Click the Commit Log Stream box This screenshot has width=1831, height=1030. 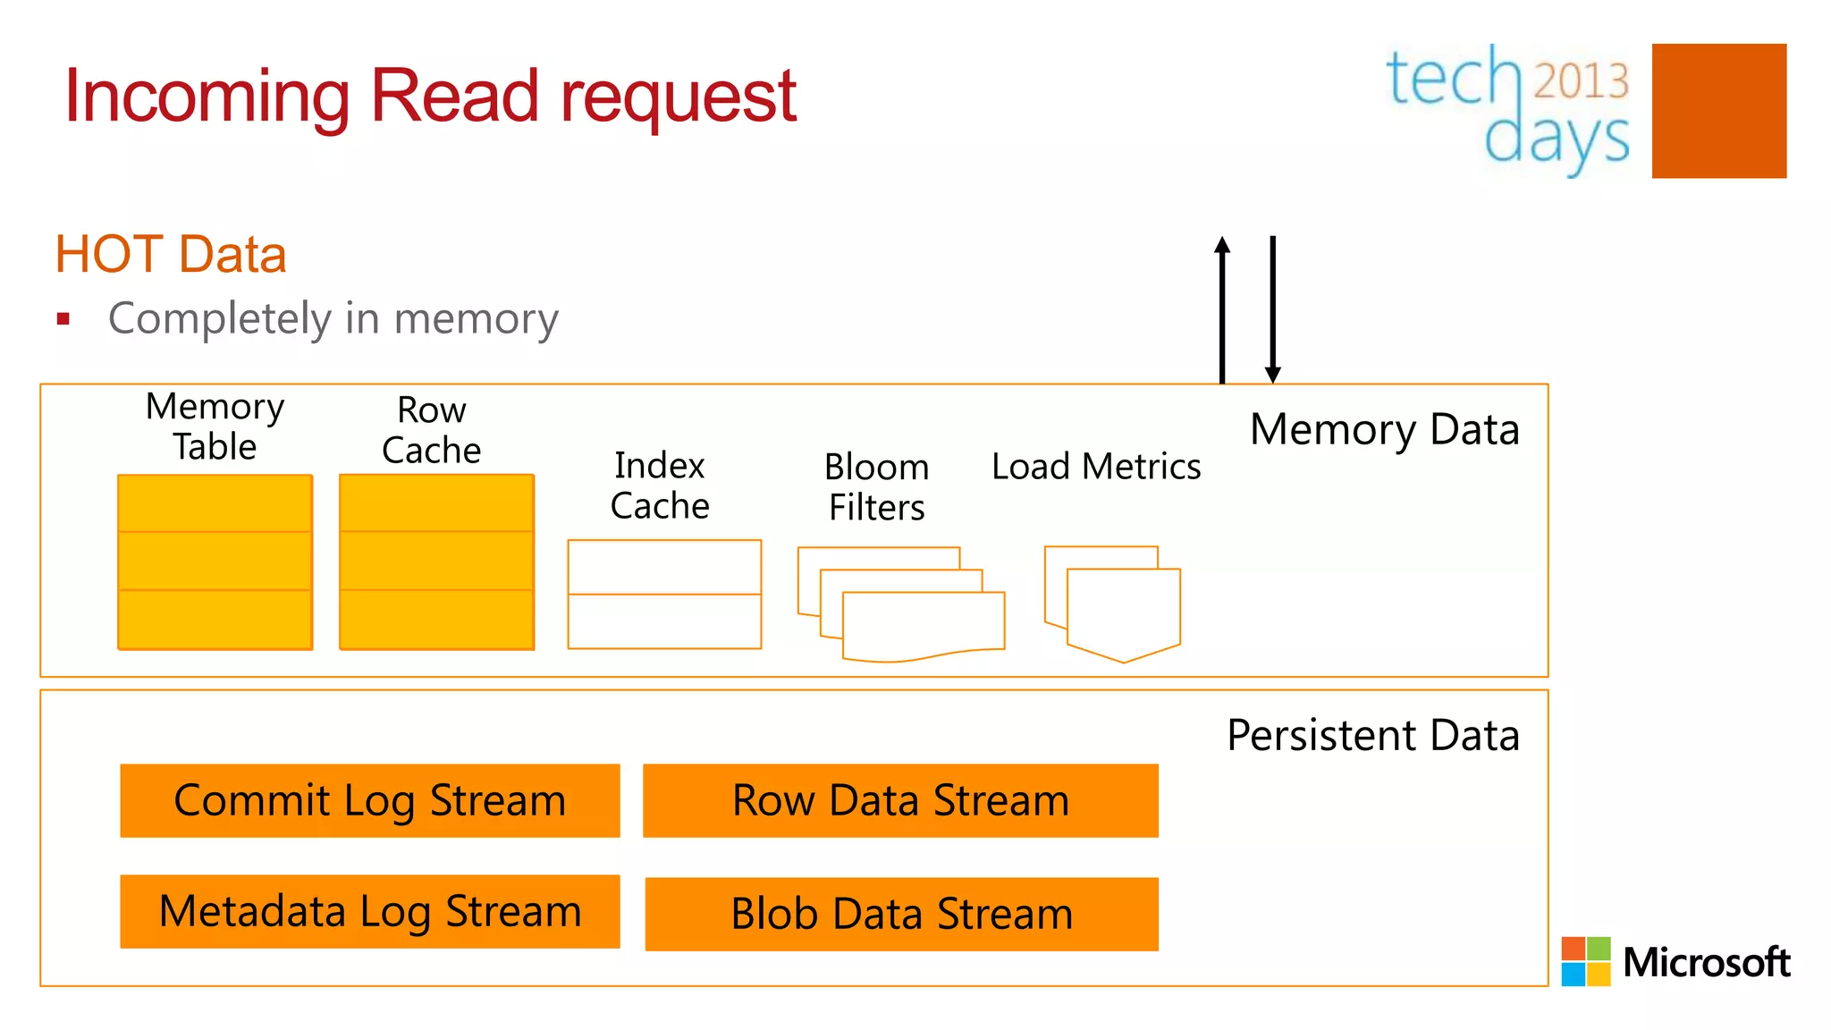pos(369,800)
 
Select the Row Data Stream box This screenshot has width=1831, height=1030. pos(900,800)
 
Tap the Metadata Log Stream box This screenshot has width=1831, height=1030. pos(369,911)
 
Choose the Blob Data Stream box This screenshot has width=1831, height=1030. pos(901,914)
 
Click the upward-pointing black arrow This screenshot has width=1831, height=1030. pos(1222,308)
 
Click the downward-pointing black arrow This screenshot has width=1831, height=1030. pos(1273,308)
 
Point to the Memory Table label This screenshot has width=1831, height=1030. pos(215,426)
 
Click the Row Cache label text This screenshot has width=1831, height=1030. pos(432,430)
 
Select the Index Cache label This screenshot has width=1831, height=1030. pos(660,485)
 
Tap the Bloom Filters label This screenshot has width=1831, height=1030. pos(876,487)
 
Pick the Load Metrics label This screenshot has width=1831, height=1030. pos(1096,467)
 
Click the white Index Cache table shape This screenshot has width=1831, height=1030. pos(664,595)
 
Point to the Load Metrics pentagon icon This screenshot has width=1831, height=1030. pos(1118,608)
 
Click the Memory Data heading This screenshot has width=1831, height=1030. pos(1384,429)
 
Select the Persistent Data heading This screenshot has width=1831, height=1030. pos(1372,736)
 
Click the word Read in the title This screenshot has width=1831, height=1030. pos(454,96)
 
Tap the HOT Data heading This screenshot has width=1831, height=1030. pos(171,255)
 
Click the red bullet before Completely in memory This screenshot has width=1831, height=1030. pos(63,319)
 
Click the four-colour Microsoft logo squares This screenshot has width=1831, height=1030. pos(1585,961)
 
